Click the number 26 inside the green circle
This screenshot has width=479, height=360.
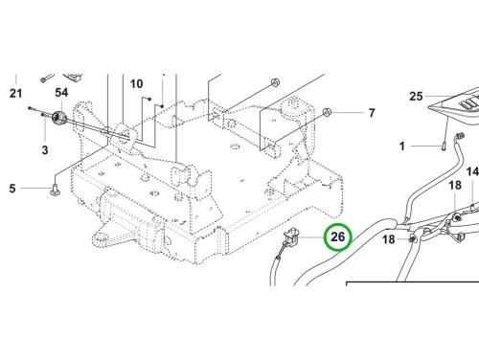pos(338,236)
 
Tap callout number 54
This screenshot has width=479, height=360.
pos(61,93)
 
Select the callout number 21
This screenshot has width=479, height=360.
pos(15,94)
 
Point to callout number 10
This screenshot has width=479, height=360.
pos(136,83)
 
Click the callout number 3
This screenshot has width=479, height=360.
pos(45,150)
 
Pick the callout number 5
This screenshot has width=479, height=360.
pos(12,189)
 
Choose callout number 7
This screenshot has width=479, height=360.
pos(372,113)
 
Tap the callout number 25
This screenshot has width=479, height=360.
pos(416,96)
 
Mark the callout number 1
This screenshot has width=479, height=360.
pos(402,146)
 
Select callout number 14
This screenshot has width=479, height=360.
pos(473,171)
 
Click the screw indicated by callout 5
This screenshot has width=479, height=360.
pos(56,190)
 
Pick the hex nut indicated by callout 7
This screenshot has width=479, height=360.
pos(327,112)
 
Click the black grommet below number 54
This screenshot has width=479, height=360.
pos(58,118)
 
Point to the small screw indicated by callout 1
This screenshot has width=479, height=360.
pos(444,147)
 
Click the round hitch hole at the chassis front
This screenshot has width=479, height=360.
pos(103,237)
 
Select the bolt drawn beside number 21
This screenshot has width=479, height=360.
pos(47,79)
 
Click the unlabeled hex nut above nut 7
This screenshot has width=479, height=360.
pos(275,82)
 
